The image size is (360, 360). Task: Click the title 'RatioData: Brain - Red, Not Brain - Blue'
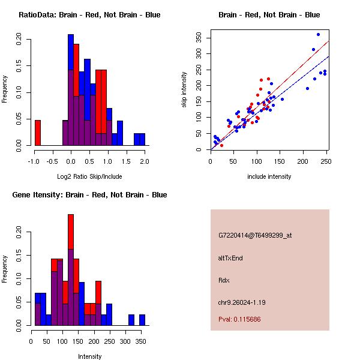tap(89, 14)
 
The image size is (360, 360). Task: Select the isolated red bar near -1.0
tap(38, 133)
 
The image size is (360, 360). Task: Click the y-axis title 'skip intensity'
tap(184, 90)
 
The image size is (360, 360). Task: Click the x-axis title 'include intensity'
tap(269, 176)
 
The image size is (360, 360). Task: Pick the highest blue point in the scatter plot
tap(318, 34)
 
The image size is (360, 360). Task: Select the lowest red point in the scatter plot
tap(221, 145)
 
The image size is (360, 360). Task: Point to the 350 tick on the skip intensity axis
tap(198, 38)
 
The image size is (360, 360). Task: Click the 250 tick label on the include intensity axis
tap(326, 161)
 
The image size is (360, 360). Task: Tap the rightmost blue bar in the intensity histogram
tap(142, 320)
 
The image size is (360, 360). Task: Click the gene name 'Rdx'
tap(223, 280)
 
